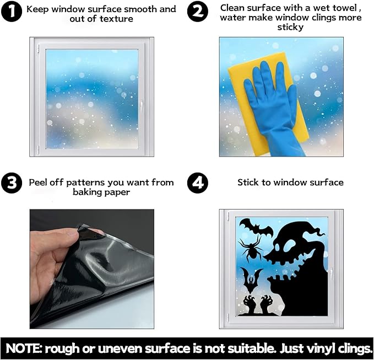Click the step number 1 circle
(12, 11)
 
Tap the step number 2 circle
(198, 11)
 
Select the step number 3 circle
(12, 183)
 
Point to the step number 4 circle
(198, 183)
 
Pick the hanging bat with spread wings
(251, 280)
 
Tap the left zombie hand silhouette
(250, 304)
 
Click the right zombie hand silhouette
(266, 304)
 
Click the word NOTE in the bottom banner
(23, 348)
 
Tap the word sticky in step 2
(290, 28)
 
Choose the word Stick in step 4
(248, 182)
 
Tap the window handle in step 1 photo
(142, 105)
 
